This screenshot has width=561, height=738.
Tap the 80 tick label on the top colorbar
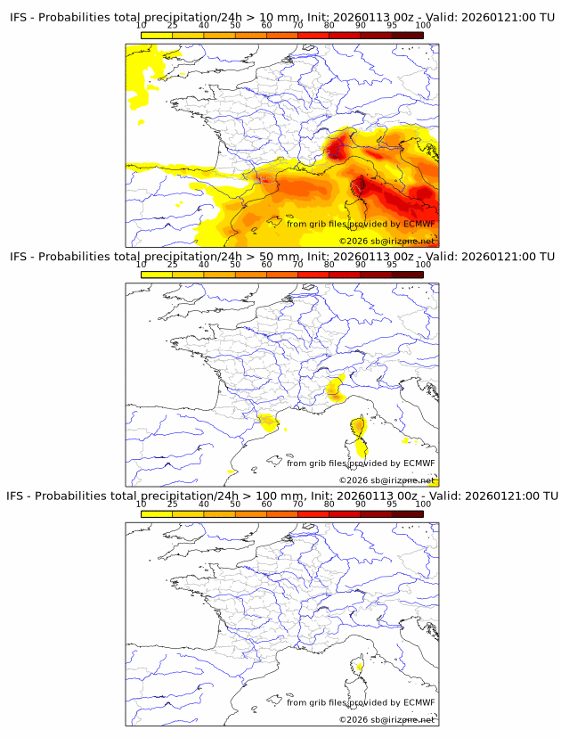(x=329, y=25)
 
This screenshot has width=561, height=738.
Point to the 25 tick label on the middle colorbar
(x=172, y=265)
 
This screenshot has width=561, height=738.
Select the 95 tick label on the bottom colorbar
(x=391, y=504)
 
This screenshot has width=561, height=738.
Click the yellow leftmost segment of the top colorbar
(x=157, y=35)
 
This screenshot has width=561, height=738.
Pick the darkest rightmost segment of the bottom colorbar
(x=407, y=513)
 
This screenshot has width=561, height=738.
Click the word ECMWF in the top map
(x=419, y=224)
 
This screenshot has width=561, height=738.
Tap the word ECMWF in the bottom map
(x=419, y=702)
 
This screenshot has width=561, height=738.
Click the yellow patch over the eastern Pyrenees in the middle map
(x=266, y=422)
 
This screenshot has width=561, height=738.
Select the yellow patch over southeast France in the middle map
(x=336, y=388)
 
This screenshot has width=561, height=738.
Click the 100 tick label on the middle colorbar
(x=422, y=265)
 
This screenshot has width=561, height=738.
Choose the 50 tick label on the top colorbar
(x=235, y=25)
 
